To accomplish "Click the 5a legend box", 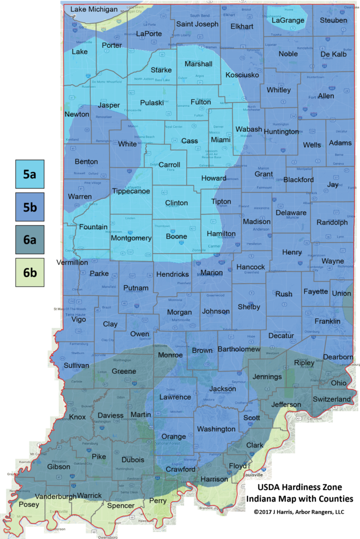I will tap(29, 174).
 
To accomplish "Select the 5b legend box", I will tap(29, 207).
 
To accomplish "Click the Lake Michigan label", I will tap(94, 9).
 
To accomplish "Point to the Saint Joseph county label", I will tap(197, 24).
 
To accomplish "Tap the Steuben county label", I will tap(334, 21).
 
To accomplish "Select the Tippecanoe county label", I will tap(131, 191).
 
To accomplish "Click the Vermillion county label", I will tap(72, 262).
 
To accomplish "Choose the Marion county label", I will tap(212, 273).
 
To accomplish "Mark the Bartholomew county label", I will tap(239, 349).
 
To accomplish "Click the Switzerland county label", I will tap(332, 400).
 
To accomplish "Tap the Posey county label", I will tap(28, 504).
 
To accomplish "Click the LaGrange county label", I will tap(288, 21).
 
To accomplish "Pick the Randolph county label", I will tap(332, 223).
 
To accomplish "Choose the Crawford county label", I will tap(181, 469).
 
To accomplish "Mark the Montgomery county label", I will tap(131, 238).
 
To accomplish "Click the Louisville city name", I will tap(253, 474).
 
